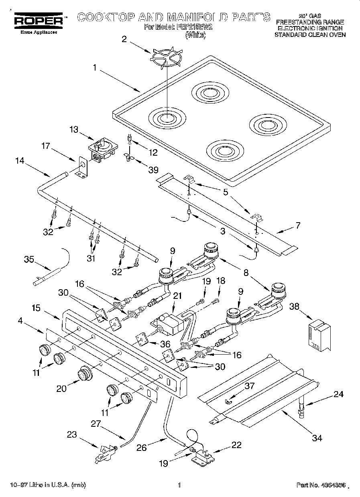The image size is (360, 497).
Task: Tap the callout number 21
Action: pos(177,296)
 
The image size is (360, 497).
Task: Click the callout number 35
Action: pos(29,259)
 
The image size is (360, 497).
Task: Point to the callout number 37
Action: pos(250,386)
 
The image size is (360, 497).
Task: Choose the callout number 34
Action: pos(317,438)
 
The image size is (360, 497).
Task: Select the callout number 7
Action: pos(298,225)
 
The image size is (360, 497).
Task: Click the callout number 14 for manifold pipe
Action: pos(19,161)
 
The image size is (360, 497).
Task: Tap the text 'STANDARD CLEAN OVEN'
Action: pos(310,34)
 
